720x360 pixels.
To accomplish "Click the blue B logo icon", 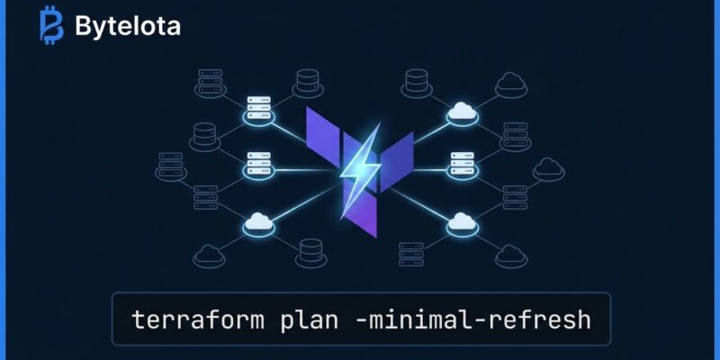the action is point(51,25).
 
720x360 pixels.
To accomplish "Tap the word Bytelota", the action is point(128,26).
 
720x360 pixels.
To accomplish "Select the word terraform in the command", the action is point(198,319).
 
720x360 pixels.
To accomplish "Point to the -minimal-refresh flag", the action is point(473,319).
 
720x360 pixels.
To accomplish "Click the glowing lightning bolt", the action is point(361,170).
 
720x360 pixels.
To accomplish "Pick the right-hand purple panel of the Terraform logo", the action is point(397,155).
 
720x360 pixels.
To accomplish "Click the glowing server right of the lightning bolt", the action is point(463,163).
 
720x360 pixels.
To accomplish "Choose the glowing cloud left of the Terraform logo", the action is point(259,221).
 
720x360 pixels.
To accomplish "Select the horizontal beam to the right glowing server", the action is point(430,170).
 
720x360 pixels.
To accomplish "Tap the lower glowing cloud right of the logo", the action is point(462,221).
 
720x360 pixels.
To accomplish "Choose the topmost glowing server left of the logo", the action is point(259,108).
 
